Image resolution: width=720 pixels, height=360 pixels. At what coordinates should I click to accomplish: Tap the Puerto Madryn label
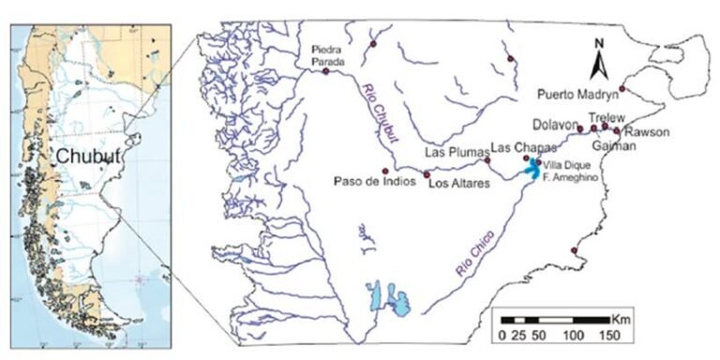tap(577, 94)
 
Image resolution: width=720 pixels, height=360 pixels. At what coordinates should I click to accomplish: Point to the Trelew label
tap(606, 117)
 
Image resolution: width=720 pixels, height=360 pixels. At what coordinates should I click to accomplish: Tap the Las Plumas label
tap(454, 151)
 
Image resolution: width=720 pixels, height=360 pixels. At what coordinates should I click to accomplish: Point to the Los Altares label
tap(458, 184)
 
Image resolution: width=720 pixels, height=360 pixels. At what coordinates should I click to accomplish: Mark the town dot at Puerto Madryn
tap(622, 88)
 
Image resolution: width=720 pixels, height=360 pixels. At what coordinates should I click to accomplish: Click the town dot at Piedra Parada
tap(325, 70)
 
